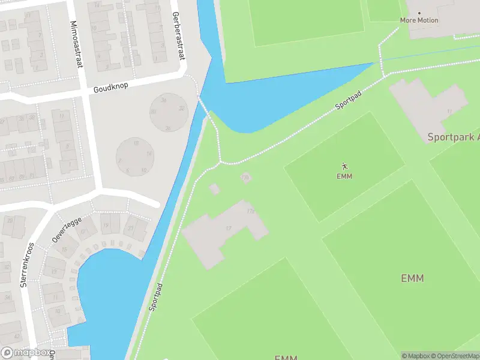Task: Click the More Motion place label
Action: click(x=419, y=20)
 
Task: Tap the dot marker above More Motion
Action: click(x=419, y=13)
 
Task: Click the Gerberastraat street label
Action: click(x=176, y=36)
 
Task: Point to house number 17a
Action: click(x=250, y=211)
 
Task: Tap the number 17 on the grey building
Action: click(x=229, y=229)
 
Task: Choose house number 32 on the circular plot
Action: click(x=181, y=109)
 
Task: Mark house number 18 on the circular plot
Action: click(x=136, y=143)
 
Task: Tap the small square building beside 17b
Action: click(x=214, y=188)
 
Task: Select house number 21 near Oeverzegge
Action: click(x=130, y=228)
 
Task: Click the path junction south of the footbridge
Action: click(x=221, y=161)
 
